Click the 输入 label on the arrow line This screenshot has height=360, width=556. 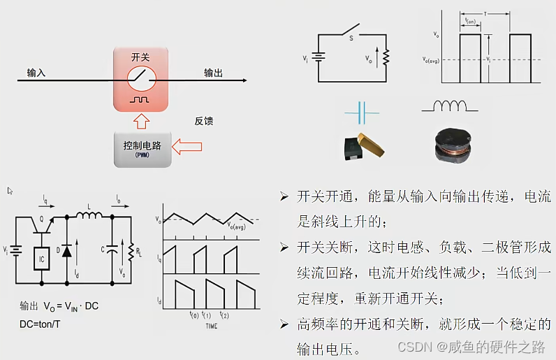point(36,73)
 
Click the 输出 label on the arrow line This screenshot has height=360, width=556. point(213,73)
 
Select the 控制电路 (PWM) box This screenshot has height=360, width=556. point(142,147)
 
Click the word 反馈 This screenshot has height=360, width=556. point(204,121)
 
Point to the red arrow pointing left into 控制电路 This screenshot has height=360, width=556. point(186,147)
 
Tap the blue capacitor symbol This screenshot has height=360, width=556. point(362,110)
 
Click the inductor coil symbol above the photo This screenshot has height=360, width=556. point(450,107)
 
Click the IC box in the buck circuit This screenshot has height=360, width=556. point(43,259)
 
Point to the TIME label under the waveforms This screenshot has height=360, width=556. point(211,326)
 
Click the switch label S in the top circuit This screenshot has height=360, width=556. point(351,38)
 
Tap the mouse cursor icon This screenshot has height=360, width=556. point(10,191)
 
